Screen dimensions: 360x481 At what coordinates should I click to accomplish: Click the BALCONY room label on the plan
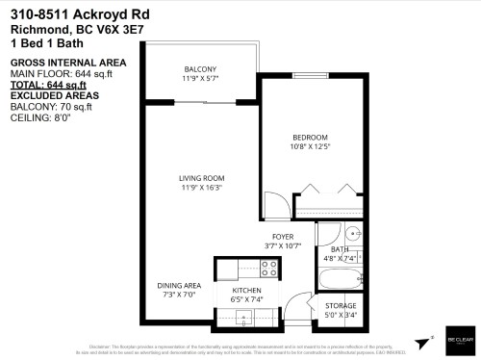[x=201, y=68]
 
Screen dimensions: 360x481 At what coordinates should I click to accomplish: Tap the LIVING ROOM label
[x=201, y=178]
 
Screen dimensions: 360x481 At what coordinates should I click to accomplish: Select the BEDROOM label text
[x=310, y=137]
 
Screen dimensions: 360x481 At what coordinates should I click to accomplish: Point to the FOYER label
[x=282, y=236]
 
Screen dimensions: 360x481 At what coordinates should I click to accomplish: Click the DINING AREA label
[x=179, y=286]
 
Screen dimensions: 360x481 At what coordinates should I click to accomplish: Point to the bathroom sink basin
[x=350, y=234]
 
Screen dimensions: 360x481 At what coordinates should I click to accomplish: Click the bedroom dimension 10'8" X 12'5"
[x=310, y=147]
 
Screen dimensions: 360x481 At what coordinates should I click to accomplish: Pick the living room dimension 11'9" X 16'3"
[x=201, y=189]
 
